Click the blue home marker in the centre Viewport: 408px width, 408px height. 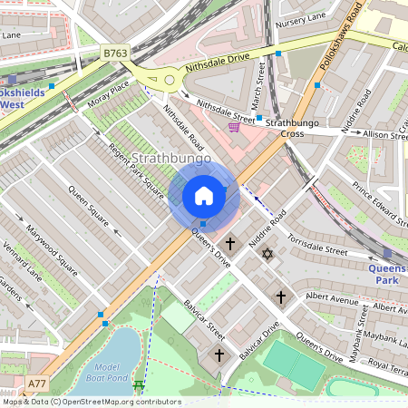[204, 196]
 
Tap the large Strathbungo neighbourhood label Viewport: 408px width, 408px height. [165, 159]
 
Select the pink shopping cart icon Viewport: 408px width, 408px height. [235, 128]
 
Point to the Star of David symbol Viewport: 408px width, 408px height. [267, 254]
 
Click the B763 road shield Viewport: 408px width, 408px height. [115, 53]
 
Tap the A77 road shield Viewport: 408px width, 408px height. [37, 384]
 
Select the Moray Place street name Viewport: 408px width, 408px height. [109, 94]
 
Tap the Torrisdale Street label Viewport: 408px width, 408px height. [317, 244]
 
